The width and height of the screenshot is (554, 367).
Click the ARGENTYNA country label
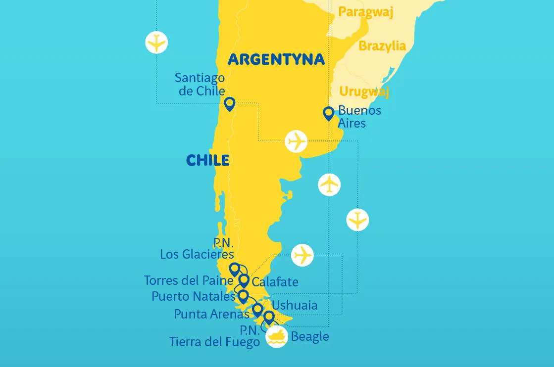pyautogui.click(x=276, y=59)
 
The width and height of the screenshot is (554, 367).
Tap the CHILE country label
pyautogui.click(x=207, y=160)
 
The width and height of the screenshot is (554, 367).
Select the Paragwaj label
pyautogui.click(x=365, y=12)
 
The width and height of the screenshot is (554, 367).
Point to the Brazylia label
pyautogui.click(x=382, y=46)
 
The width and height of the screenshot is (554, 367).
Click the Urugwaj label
pyautogui.click(x=364, y=92)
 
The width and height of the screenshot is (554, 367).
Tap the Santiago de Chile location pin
pyautogui.click(x=229, y=104)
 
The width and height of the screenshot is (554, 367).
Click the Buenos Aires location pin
pyautogui.click(x=328, y=113)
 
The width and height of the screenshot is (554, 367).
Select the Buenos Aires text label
pyautogui.click(x=359, y=116)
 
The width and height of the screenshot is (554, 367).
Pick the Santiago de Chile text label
pyautogui.click(x=200, y=85)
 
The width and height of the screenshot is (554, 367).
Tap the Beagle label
pyautogui.click(x=310, y=337)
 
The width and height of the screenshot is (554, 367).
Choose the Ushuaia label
pyautogui.click(x=295, y=305)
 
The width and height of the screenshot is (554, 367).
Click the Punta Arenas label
pyautogui.click(x=211, y=314)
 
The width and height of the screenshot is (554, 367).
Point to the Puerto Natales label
pyautogui.click(x=193, y=296)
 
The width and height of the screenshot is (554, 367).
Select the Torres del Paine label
pyautogui.click(x=188, y=280)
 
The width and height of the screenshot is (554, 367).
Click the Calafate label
pyautogui.click(x=275, y=282)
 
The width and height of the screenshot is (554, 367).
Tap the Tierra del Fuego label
pyautogui.click(x=214, y=341)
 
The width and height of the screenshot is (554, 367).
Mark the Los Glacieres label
pyautogui.click(x=197, y=254)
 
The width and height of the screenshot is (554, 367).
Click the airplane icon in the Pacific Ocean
pyautogui.click(x=156, y=43)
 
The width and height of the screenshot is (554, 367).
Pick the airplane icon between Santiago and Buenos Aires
pyautogui.click(x=297, y=141)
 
